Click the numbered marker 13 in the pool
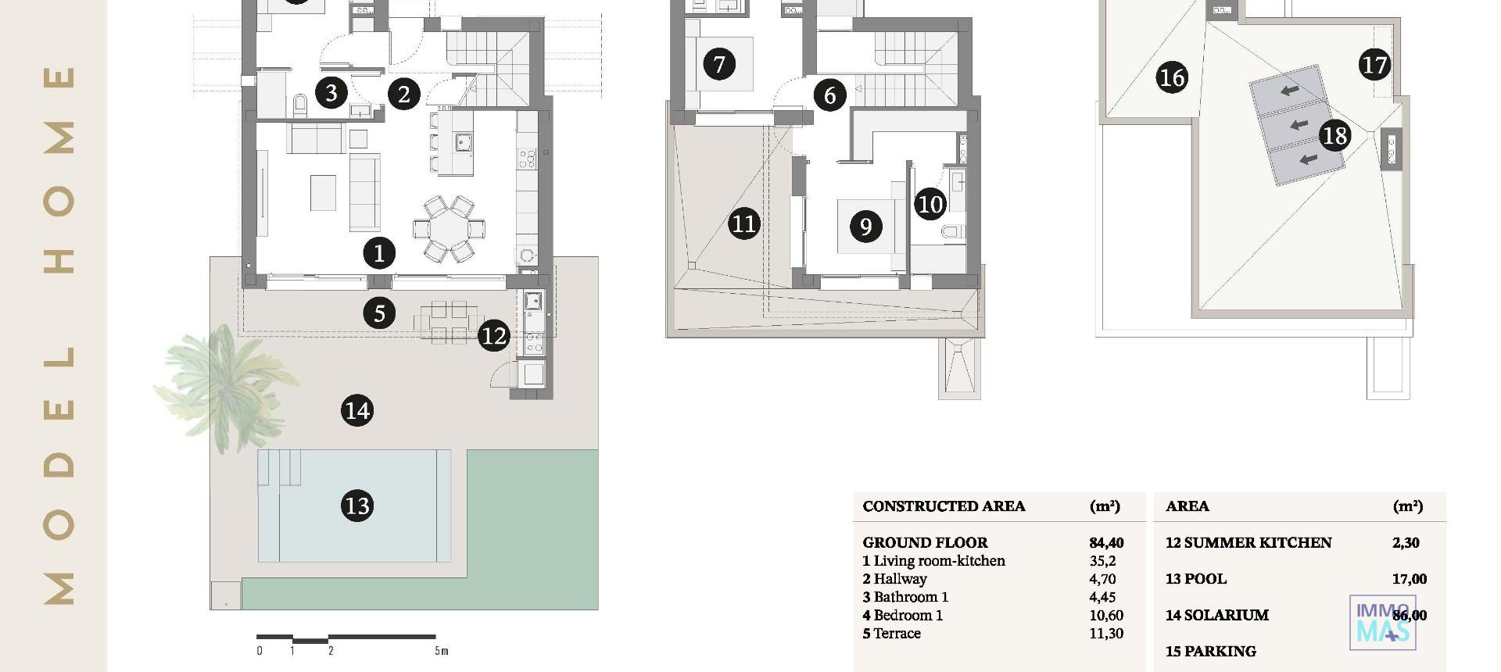point(357,506)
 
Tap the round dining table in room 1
point(449,229)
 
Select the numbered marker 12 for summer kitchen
point(493,336)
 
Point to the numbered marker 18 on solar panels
point(1334,136)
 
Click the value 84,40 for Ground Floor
point(1106,542)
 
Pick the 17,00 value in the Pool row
point(1409,579)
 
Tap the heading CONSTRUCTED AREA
point(944,506)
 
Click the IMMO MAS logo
point(1382,623)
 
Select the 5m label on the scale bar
point(442,651)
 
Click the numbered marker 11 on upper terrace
point(743,224)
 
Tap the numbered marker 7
point(719,63)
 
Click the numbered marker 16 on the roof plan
point(1171,77)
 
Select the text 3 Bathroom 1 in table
point(905,597)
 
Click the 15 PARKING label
point(1210,651)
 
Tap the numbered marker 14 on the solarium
point(357,411)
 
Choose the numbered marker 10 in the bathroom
point(930,204)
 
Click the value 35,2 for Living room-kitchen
point(1102,561)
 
